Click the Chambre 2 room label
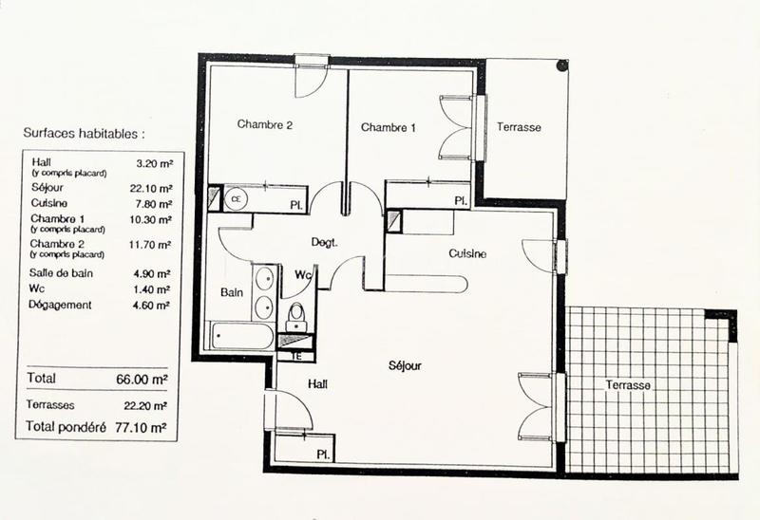pos(264,124)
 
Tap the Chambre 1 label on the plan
pos(388,128)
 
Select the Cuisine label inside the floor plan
pos(468,253)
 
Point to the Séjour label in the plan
pos(405,365)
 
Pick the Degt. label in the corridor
pos(325,242)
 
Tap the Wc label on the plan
pos(303,275)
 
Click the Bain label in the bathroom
pos(232,292)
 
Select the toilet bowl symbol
pos(295,312)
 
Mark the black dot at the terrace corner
pos(562,66)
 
